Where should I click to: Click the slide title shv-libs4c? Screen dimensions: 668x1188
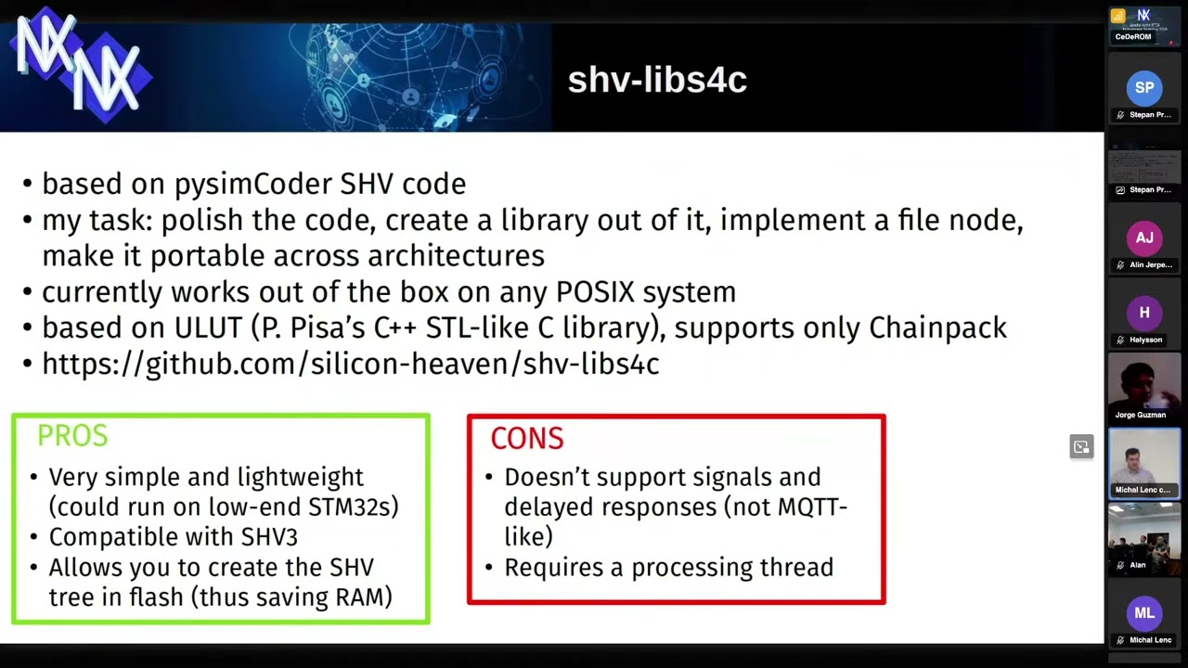coord(657,81)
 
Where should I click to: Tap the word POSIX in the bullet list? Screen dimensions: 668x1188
coord(595,292)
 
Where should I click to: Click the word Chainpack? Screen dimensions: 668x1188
coord(937,328)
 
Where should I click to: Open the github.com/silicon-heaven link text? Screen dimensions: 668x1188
coord(351,364)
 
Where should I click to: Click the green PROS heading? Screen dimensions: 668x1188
coord(72,436)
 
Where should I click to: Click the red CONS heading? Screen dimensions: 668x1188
coord(526,439)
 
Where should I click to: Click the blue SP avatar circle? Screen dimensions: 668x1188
coord(1144,88)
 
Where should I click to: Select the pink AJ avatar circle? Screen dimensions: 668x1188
coord(1144,238)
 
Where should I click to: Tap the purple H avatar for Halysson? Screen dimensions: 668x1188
coord(1144,314)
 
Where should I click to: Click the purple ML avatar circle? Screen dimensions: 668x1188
coord(1144,613)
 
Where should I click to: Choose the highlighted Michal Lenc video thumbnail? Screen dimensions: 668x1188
coord(1144,461)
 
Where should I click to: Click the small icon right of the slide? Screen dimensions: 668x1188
coord(1081,447)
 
